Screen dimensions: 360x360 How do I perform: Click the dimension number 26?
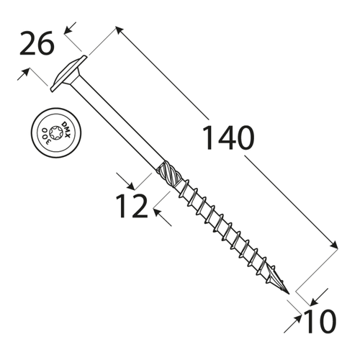tap(37, 43)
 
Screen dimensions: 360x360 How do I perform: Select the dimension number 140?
tap(228, 138)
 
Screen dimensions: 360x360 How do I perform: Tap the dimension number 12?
tap(132, 206)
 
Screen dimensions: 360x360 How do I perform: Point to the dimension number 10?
tap(320, 321)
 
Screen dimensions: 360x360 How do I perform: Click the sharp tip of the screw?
tap(289, 294)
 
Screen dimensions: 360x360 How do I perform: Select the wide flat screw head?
tap(68, 73)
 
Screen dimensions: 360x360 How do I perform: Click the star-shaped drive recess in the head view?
tap(55, 132)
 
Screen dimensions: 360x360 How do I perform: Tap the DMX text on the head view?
tap(66, 130)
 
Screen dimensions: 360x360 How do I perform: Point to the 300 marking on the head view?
tap(46, 136)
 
